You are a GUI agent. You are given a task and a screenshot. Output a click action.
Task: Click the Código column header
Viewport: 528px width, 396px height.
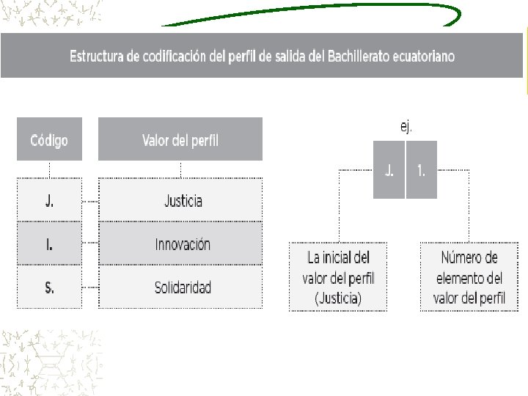coord(49,139)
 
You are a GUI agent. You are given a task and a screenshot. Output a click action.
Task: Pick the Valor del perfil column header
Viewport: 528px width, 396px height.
coord(180,139)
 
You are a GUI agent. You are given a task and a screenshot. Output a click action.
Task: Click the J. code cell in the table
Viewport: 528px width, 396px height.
coord(49,201)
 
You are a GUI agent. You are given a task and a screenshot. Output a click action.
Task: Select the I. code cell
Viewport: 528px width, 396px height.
coord(49,244)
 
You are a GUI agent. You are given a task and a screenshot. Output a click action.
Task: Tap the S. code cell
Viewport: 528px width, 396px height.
coord(49,287)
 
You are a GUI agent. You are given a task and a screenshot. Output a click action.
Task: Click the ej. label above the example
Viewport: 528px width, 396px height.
coord(406,126)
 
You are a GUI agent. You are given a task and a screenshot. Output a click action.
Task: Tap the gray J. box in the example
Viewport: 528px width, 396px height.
coord(389,170)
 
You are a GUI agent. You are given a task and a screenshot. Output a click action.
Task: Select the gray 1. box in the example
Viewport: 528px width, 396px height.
coord(421,170)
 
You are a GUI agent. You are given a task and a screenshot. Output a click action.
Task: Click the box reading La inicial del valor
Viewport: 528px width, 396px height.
coord(337,278)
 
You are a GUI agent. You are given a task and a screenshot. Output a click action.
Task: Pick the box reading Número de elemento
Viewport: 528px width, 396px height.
coord(469,278)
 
